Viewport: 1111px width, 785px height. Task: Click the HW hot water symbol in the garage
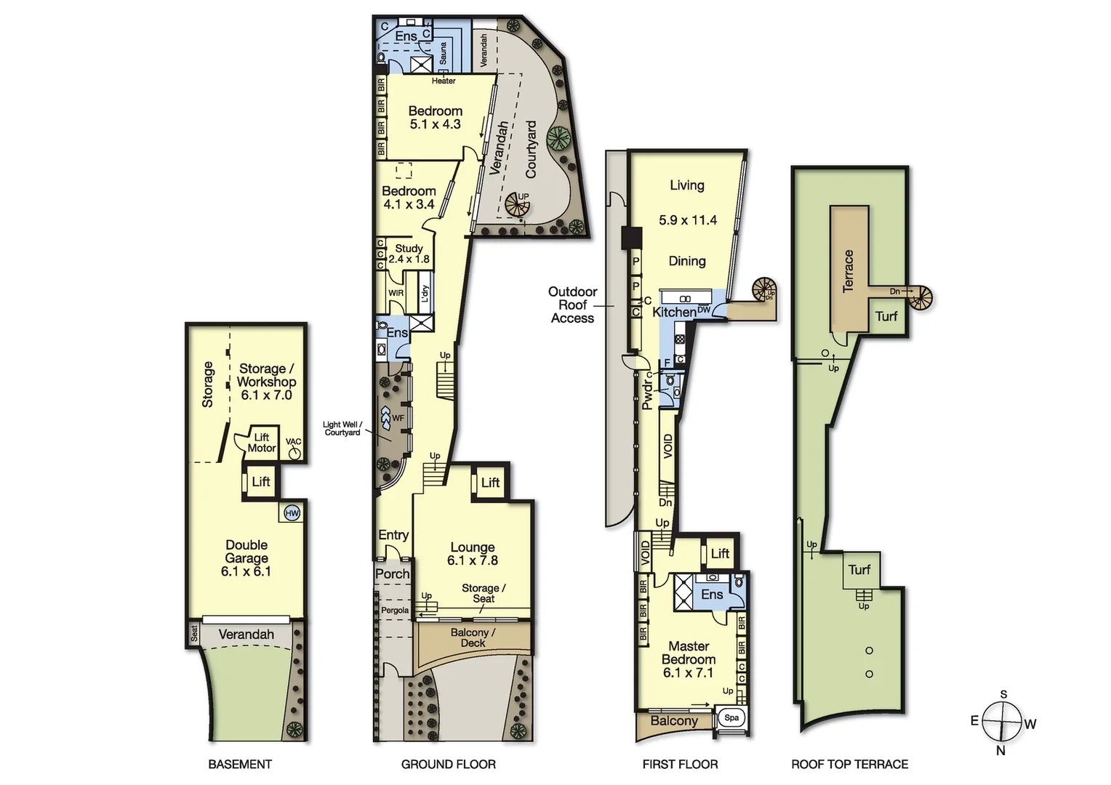coord(292,513)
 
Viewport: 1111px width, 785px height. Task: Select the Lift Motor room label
coord(262,443)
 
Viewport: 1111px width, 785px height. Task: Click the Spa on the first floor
coord(731,718)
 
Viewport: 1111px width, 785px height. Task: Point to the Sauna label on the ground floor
coord(444,53)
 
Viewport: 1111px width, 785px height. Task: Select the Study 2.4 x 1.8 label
coord(409,254)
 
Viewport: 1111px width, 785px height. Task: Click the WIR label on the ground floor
coord(396,293)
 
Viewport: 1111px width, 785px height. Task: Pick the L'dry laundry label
coord(425,293)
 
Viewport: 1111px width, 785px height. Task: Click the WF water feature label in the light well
coord(398,418)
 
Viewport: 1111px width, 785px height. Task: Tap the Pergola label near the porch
coord(395,611)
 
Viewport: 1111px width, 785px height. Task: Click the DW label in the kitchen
coord(703,310)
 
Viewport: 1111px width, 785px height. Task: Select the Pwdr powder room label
coord(646,392)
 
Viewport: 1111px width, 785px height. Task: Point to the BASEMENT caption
coord(240,764)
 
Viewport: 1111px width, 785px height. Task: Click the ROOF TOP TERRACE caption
coord(849,764)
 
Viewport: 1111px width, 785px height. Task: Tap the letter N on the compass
coord(1000,751)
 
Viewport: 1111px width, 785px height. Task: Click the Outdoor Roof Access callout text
coord(572,305)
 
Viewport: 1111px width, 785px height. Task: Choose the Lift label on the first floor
coord(720,553)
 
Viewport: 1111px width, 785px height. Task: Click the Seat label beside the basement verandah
coord(194,633)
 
